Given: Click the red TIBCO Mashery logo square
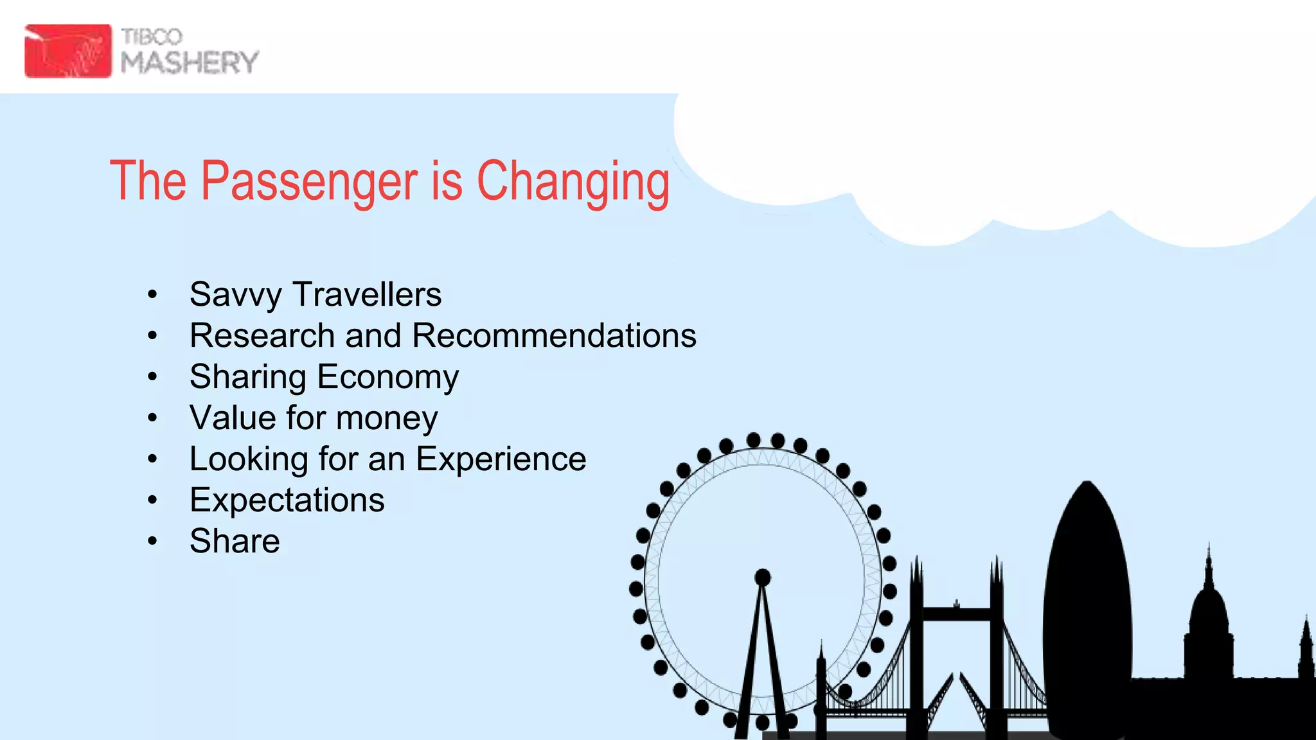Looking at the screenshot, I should pos(67,51).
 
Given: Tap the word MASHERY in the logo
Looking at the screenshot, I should pos(190,63).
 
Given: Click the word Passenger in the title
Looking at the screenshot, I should pos(309,181).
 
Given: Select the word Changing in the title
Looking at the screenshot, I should pos(573,182).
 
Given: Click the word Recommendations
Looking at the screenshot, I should pos(554,335).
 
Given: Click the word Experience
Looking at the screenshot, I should pos(501,459).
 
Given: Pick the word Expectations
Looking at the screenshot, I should pos(287,500).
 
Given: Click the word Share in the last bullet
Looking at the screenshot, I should pos(235,541).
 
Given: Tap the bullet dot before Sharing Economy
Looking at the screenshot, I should pos(152,377).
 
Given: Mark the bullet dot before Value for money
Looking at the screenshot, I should pos(152,418).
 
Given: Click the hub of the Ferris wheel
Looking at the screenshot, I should pos(763,577).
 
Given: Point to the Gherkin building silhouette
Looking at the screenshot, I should pos(1087,610).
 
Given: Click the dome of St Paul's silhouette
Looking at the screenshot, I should pos(1209,610).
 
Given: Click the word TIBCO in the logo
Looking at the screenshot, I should pos(152,37).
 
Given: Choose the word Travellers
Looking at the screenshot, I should pos(367,295).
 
